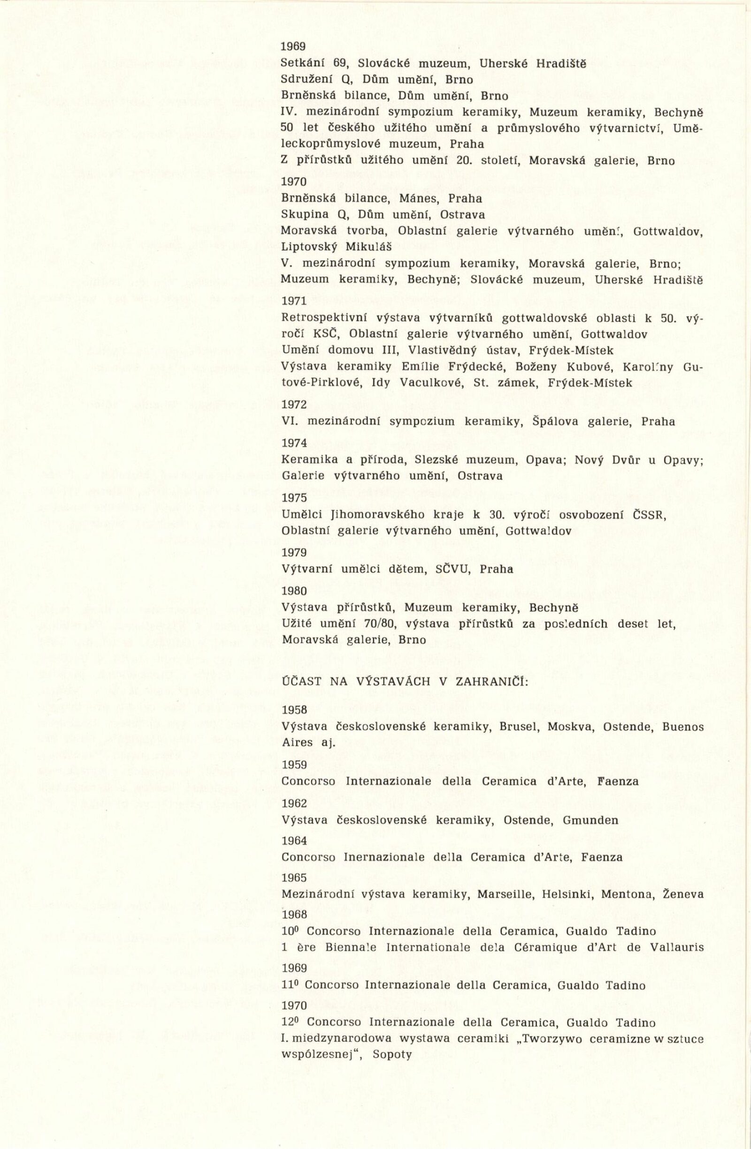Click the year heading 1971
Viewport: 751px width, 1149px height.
click(x=294, y=301)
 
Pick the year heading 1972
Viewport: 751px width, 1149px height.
click(x=294, y=404)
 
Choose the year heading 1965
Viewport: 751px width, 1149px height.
click(x=294, y=877)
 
